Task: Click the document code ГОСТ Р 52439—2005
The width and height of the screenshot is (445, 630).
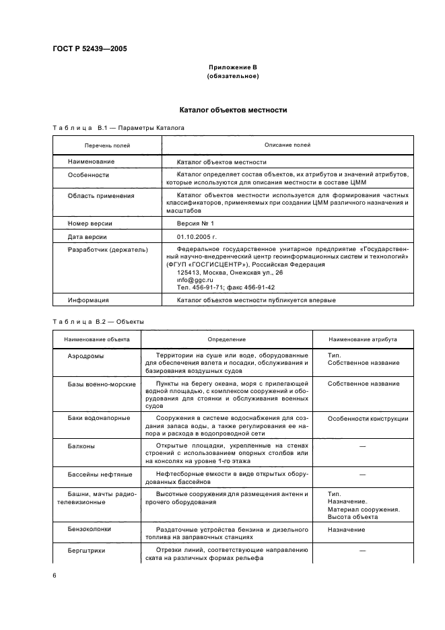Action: pyautogui.click(x=90, y=48)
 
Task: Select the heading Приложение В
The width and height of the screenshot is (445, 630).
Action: pyautogui.click(x=233, y=67)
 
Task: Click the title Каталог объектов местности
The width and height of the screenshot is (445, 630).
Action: pyautogui.click(x=233, y=109)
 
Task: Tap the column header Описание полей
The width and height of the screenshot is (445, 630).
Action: pyautogui.click(x=287, y=145)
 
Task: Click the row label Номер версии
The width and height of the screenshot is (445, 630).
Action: pyautogui.click(x=90, y=223)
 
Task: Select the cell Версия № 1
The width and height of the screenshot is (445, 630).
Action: pyautogui.click(x=195, y=223)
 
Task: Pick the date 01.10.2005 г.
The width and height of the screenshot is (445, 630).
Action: pyautogui.click(x=199, y=237)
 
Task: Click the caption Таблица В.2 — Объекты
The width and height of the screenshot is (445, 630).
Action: pyautogui.click(x=98, y=321)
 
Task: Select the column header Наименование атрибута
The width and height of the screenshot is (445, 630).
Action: pyautogui.click(x=368, y=340)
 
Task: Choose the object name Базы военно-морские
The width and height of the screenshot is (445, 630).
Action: pyautogui.click(x=102, y=384)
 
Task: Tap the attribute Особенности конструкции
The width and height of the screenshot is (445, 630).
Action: pyautogui.click(x=368, y=419)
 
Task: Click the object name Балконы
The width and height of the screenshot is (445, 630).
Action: pyautogui.click(x=81, y=446)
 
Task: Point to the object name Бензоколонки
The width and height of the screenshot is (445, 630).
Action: pyautogui.click(x=89, y=529)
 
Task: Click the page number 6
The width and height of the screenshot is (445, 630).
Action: pyautogui.click(x=55, y=575)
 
